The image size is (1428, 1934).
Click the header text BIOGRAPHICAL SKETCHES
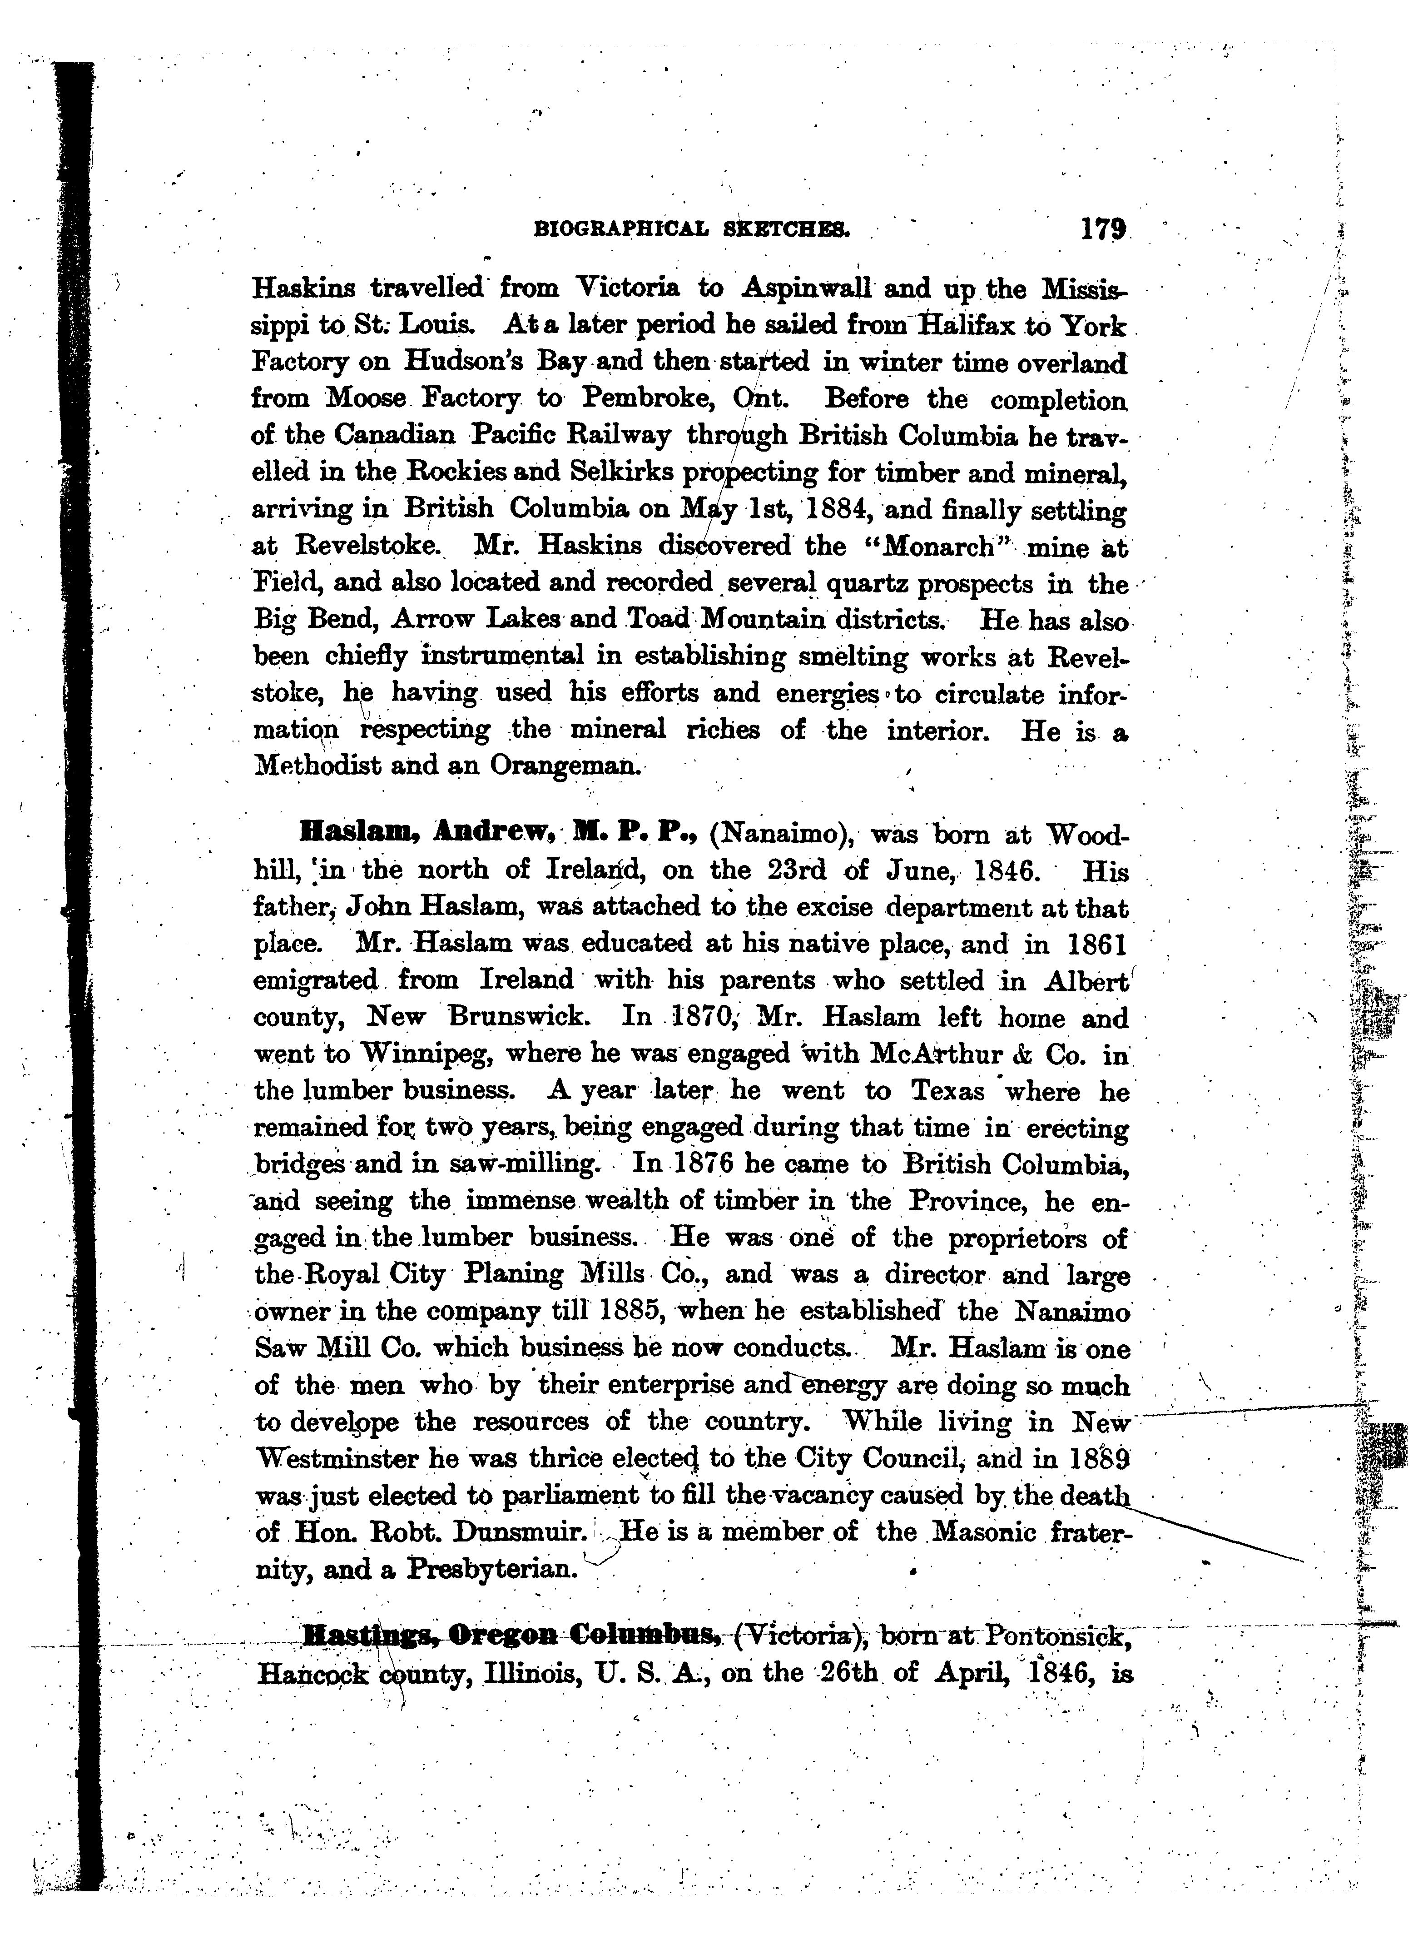692,230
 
